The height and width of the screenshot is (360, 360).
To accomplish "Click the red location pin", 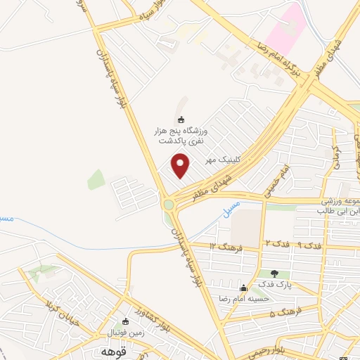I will [x=181, y=167].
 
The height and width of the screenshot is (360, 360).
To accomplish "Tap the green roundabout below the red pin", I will [x=169, y=205].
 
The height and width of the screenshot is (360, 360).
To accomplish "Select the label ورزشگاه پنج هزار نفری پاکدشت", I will [x=181, y=136].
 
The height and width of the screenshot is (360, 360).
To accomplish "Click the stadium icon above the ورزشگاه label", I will [x=181, y=120].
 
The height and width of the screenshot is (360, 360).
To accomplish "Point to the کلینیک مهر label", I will [x=223, y=160].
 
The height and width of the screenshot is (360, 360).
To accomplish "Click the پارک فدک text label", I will [x=272, y=285].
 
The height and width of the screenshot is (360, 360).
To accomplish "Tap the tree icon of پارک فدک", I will [x=274, y=274].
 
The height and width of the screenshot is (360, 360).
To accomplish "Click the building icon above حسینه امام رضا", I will [x=243, y=287].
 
